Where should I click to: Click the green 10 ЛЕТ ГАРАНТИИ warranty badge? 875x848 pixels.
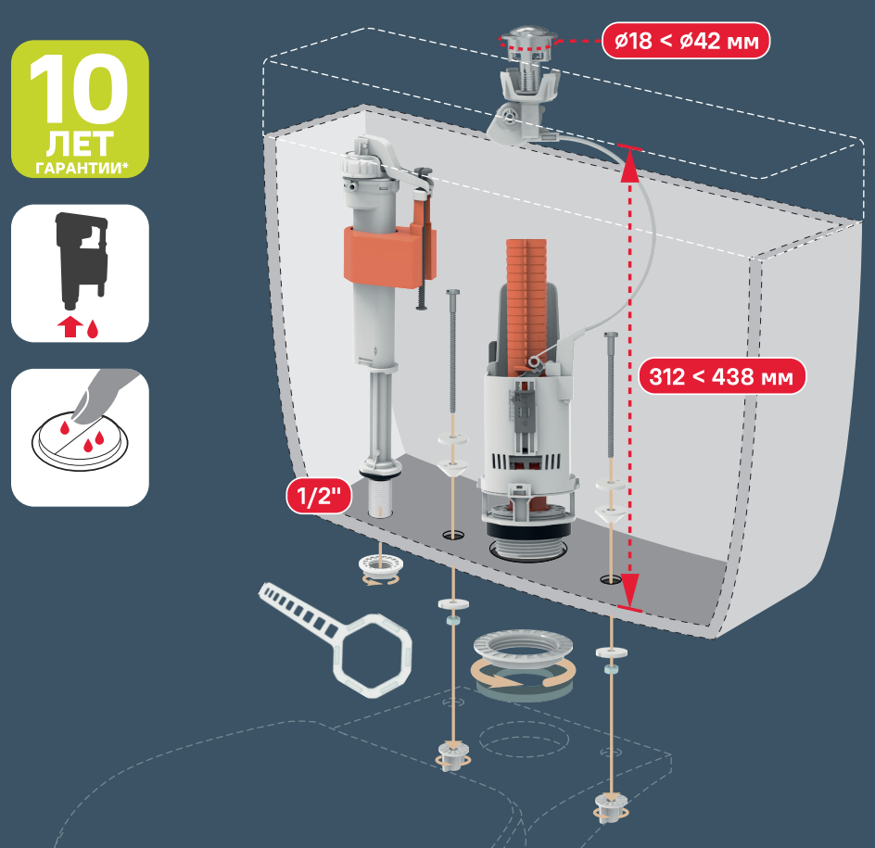[80, 108]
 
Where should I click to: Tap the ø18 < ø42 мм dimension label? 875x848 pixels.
[686, 41]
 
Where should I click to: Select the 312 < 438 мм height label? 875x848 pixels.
[721, 376]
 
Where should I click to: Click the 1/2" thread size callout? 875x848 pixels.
[319, 496]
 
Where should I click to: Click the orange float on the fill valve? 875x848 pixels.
[389, 253]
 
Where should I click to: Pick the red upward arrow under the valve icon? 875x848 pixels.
[70, 328]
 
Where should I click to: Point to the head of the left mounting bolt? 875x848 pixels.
[452, 294]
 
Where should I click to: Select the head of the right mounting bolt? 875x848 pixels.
[611, 335]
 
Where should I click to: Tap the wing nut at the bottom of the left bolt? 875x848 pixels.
[452, 756]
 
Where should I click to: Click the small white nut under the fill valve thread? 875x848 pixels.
[379, 568]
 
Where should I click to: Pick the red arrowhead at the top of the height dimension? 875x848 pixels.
[628, 165]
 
